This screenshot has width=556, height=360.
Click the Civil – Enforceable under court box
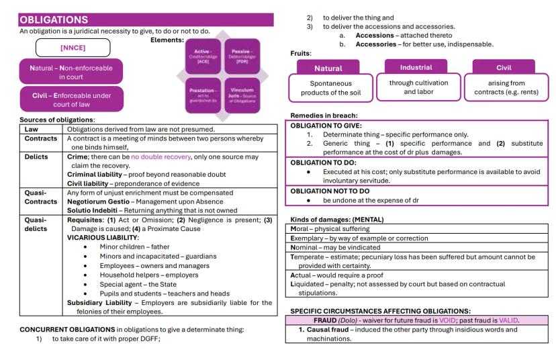pos(72,99)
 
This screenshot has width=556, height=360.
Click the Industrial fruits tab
pos(416,67)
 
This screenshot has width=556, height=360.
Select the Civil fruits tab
pos(503,67)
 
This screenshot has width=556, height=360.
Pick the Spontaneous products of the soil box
pos(328,88)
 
